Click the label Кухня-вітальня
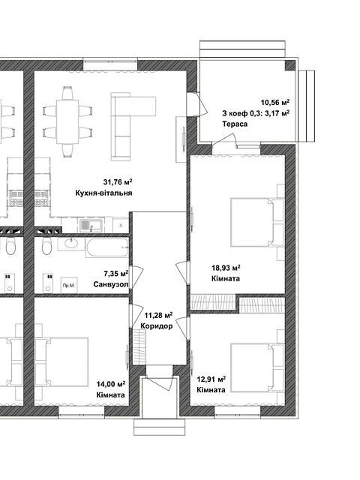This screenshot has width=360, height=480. [x=103, y=193]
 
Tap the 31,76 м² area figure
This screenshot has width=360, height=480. [x=118, y=182]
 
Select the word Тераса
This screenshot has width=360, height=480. [x=235, y=124]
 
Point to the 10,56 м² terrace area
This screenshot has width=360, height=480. [x=275, y=102]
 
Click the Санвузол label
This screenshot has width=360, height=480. [x=111, y=284]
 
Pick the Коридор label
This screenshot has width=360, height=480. [x=157, y=326]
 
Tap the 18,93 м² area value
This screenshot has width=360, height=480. [x=226, y=268]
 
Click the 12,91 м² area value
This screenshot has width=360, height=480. [x=211, y=379]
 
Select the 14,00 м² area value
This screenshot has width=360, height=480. [x=111, y=384]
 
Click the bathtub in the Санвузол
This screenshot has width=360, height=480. [x=106, y=247]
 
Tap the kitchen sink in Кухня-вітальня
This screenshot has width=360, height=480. [x=91, y=225]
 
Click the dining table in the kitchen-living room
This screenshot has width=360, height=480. [x=67, y=121]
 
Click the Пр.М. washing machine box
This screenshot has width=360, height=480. [x=69, y=285]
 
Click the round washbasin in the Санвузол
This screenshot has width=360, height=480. [x=71, y=244]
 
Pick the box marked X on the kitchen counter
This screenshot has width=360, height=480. [x=121, y=225]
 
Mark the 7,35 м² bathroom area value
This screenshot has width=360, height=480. [x=116, y=273]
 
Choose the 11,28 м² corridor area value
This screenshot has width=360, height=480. [x=158, y=315]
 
